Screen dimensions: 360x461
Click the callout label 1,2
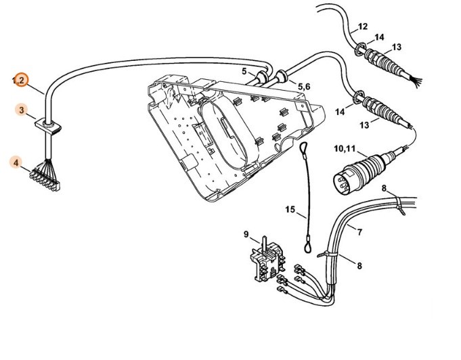[20, 81]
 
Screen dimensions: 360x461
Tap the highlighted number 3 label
[22, 109]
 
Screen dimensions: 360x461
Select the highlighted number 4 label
[16, 162]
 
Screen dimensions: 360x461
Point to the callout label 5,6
[303, 87]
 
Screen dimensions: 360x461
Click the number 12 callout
[362, 27]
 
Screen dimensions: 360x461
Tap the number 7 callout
[359, 233]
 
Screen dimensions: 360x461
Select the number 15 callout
[289, 210]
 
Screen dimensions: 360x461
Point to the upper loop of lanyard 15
[304, 149]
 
